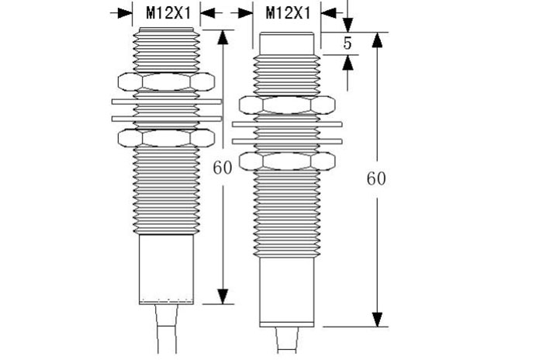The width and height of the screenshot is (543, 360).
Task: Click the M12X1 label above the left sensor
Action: tap(168, 13)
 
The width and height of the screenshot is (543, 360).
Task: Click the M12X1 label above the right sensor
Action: tap(289, 13)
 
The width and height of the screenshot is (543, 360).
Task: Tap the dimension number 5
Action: tap(348, 43)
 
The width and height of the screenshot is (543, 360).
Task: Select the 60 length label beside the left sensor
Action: tap(223, 168)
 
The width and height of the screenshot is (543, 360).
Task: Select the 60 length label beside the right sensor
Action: tap(376, 178)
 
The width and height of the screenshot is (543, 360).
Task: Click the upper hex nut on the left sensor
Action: tap(166, 81)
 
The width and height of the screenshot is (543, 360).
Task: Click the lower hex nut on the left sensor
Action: tap(166, 138)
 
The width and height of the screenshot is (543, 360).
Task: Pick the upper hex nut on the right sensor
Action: tap(287, 105)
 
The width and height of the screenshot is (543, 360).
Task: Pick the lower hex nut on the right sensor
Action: tap(287, 161)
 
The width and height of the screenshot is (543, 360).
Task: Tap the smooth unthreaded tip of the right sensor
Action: tap(287, 43)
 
